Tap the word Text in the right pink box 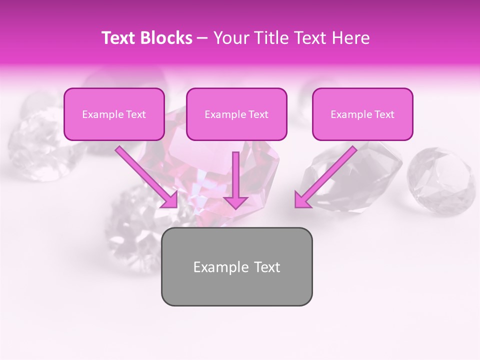click(x=384, y=114)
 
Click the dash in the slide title click(x=202, y=38)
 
